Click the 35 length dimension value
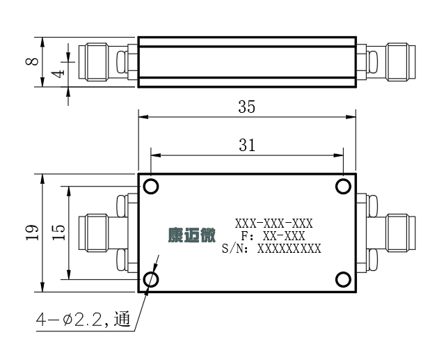(246, 107)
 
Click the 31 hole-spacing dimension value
(247, 145)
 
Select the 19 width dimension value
(32, 233)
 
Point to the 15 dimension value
(58, 233)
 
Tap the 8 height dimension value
(32, 61)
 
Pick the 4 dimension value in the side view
(58, 73)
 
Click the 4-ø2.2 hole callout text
(83, 320)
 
